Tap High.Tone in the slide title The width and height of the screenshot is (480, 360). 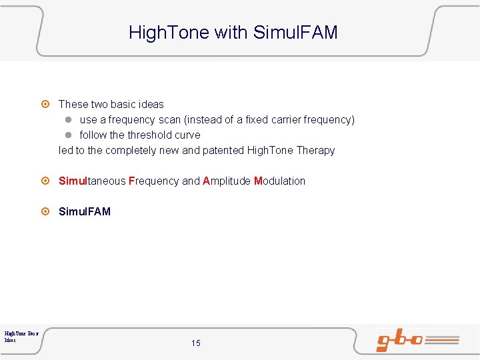click(169, 32)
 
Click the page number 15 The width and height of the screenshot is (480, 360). click(195, 343)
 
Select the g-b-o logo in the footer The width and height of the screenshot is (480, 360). click(417, 340)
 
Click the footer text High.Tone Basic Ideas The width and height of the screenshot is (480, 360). click(21, 336)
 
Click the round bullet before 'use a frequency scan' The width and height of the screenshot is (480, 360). click(68, 120)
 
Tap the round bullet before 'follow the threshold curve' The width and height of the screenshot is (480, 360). click(68, 135)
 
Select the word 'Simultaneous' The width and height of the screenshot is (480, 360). click(92, 181)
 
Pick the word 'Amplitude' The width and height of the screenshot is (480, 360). click(227, 181)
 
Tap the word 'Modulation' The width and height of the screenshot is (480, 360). click(279, 181)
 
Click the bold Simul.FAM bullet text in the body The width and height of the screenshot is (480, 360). click(85, 212)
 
